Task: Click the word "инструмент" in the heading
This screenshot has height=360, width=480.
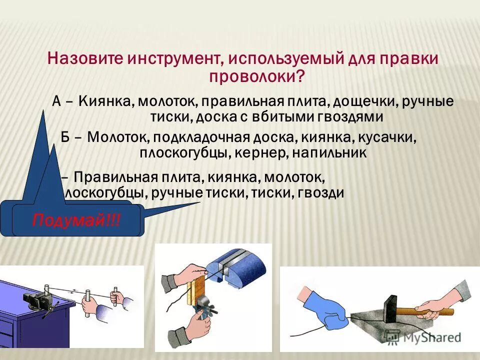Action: [172, 59]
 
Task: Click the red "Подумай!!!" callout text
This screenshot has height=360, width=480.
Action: [76, 220]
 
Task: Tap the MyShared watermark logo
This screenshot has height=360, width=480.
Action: [430, 338]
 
